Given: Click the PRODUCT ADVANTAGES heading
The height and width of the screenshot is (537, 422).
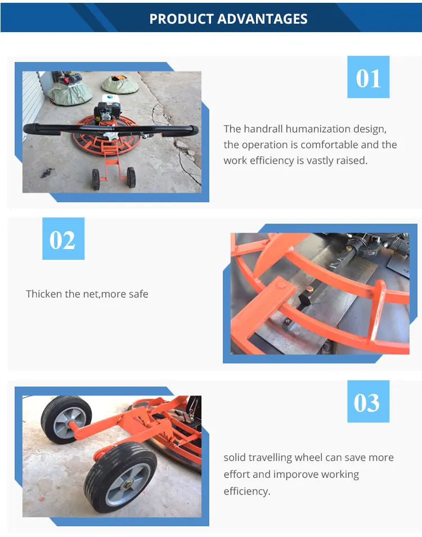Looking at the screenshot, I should [x=228, y=19].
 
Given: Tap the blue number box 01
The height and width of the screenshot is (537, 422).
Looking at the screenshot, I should [x=368, y=78].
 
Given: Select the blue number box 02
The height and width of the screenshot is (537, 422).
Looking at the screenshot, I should [x=63, y=239].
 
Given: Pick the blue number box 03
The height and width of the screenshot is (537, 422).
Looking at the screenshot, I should [x=368, y=402].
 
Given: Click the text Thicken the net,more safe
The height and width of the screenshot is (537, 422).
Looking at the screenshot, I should [x=87, y=294].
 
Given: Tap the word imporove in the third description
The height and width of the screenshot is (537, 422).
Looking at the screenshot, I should [x=299, y=474].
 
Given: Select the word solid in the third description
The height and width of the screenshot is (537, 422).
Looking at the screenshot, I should [x=236, y=458].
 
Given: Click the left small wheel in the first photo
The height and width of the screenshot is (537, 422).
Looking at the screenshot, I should [x=97, y=178].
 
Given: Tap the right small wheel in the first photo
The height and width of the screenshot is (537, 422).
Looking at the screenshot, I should [x=131, y=177].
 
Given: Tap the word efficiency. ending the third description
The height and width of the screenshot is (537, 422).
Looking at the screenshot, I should [x=246, y=491].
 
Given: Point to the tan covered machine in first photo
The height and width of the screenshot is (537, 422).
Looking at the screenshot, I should [x=120, y=84].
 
